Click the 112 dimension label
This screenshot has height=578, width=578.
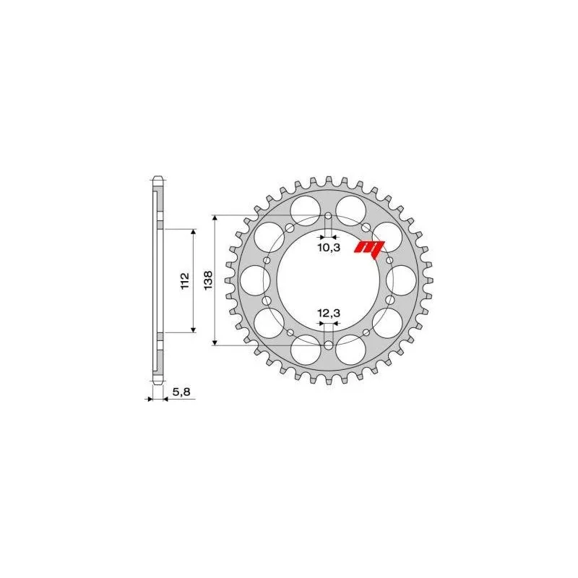(184, 280)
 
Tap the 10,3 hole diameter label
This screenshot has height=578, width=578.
(329, 248)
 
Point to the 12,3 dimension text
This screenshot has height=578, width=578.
(329, 313)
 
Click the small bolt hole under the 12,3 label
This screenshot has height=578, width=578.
(329, 345)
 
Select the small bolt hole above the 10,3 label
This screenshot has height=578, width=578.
(329, 216)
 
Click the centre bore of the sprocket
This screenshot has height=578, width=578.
(329, 282)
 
